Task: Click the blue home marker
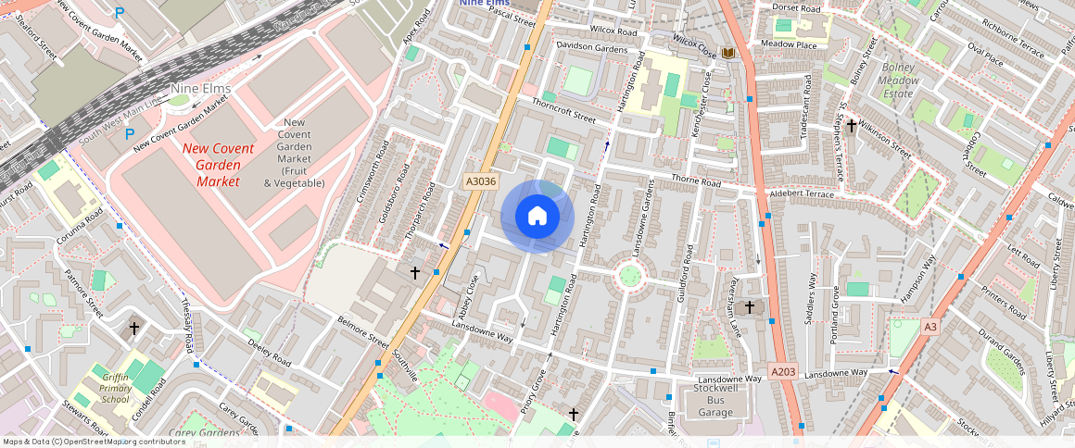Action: click(537, 217)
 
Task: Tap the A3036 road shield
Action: click(479, 182)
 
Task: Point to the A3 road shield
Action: click(930, 326)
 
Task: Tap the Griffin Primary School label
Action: click(116, 388)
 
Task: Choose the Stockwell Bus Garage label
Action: click(720, 400)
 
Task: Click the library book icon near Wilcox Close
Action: click(728, 53)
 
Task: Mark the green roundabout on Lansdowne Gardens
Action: click(630, 275)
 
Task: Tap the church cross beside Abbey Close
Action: click(415, 273)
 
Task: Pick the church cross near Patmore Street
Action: click(134, 329)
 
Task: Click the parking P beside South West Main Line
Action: click(130, 135)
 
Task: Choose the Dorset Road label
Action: click(797, 8)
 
